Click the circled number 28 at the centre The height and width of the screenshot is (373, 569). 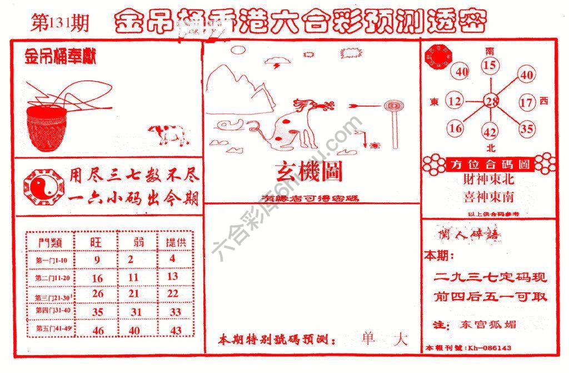[491, 101]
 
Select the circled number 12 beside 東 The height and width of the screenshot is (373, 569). [455, 102]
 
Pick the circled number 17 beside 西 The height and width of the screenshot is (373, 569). [527, 102]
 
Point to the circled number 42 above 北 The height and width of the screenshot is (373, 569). [490, 132]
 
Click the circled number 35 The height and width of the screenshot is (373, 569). [526, 130]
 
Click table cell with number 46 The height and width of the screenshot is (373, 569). [98, 330]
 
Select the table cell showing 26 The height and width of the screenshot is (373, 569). [98, 294]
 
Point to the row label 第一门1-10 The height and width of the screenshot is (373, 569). [51, 260]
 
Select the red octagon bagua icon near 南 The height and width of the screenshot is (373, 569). [438, 59]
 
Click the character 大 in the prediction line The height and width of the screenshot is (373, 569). [400, 339]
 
